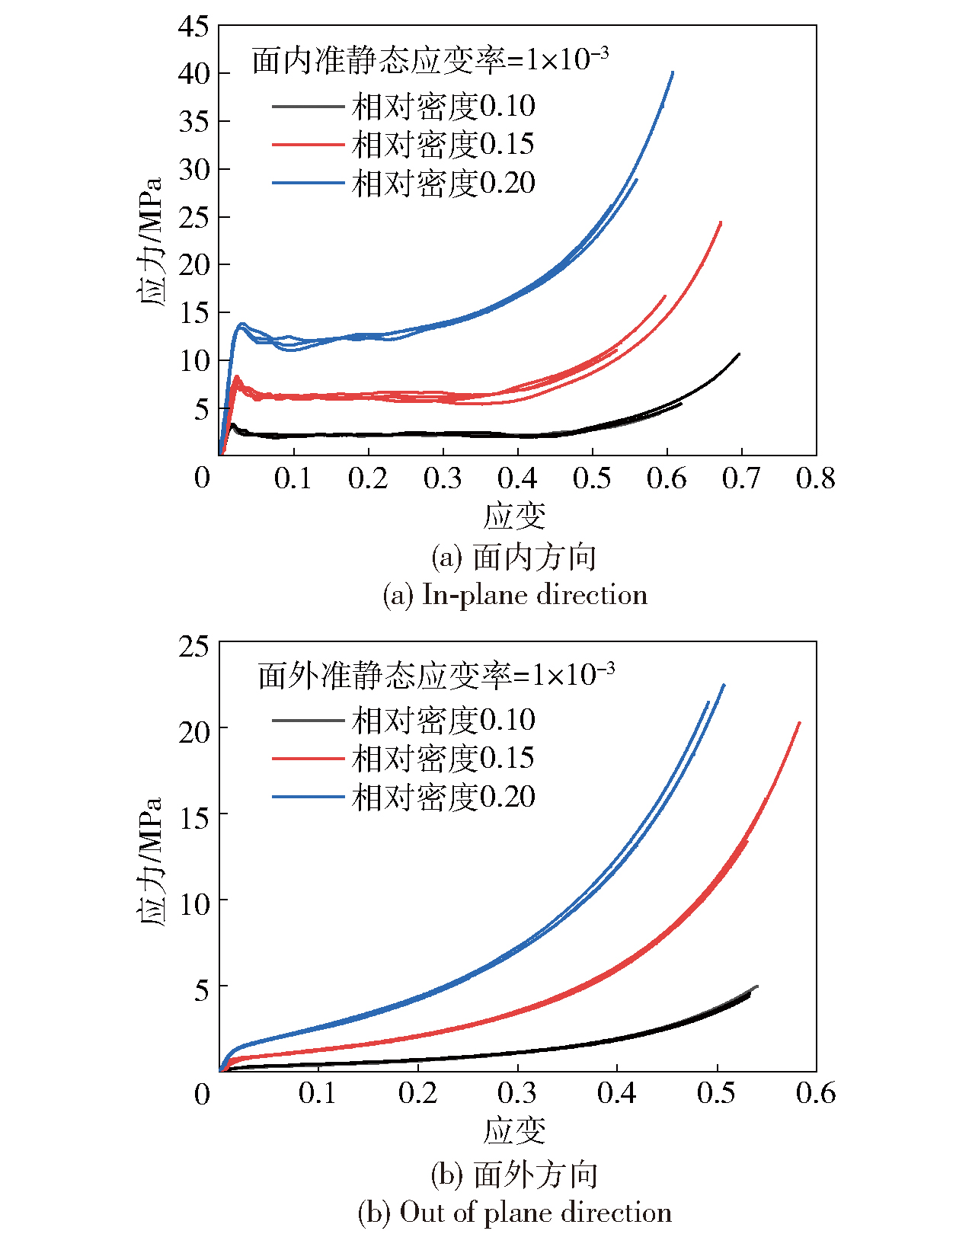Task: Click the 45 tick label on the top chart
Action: click(193, 27)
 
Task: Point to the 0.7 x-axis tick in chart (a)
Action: click(740, 478)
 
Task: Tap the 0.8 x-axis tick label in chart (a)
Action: click(815, 478)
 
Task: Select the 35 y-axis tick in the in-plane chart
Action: click(193, 121)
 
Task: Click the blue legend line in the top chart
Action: click(308, 183)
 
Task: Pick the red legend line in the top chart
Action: click(308, 144)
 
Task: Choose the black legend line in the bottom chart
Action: click(308, 720)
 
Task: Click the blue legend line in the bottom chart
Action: click(308, 797)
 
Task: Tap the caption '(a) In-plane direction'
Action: click(515, 595)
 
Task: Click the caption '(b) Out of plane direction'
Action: click(515, 1212)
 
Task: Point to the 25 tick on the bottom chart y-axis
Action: click(193, 646)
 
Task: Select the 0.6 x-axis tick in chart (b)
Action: click(815, 1093)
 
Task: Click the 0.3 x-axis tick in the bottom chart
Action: click(517, 1093)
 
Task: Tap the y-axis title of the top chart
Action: click(152, 241)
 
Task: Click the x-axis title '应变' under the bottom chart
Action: click(515, 1130)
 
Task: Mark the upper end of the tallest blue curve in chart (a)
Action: click(673, 72)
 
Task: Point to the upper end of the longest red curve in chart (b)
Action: click(799, 723)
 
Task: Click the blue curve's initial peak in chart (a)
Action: click(242, 324)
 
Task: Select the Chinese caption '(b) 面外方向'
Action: click(515, 1175)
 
